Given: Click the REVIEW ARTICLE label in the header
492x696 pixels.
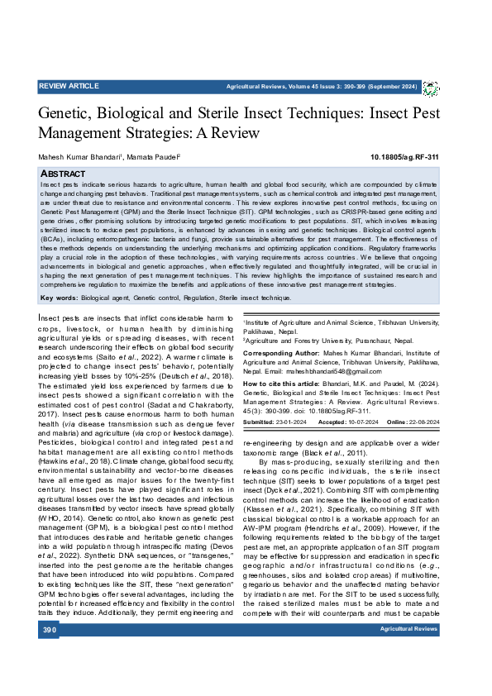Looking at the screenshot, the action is (69, 85).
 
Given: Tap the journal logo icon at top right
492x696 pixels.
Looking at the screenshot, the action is (431, 88).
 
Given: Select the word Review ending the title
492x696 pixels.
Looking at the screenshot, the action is (237, 132).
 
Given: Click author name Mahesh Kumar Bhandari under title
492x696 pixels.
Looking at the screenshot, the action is (79, 157).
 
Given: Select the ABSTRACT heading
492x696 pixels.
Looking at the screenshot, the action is (64, 174).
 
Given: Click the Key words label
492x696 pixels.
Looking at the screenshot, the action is (59, 297).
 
